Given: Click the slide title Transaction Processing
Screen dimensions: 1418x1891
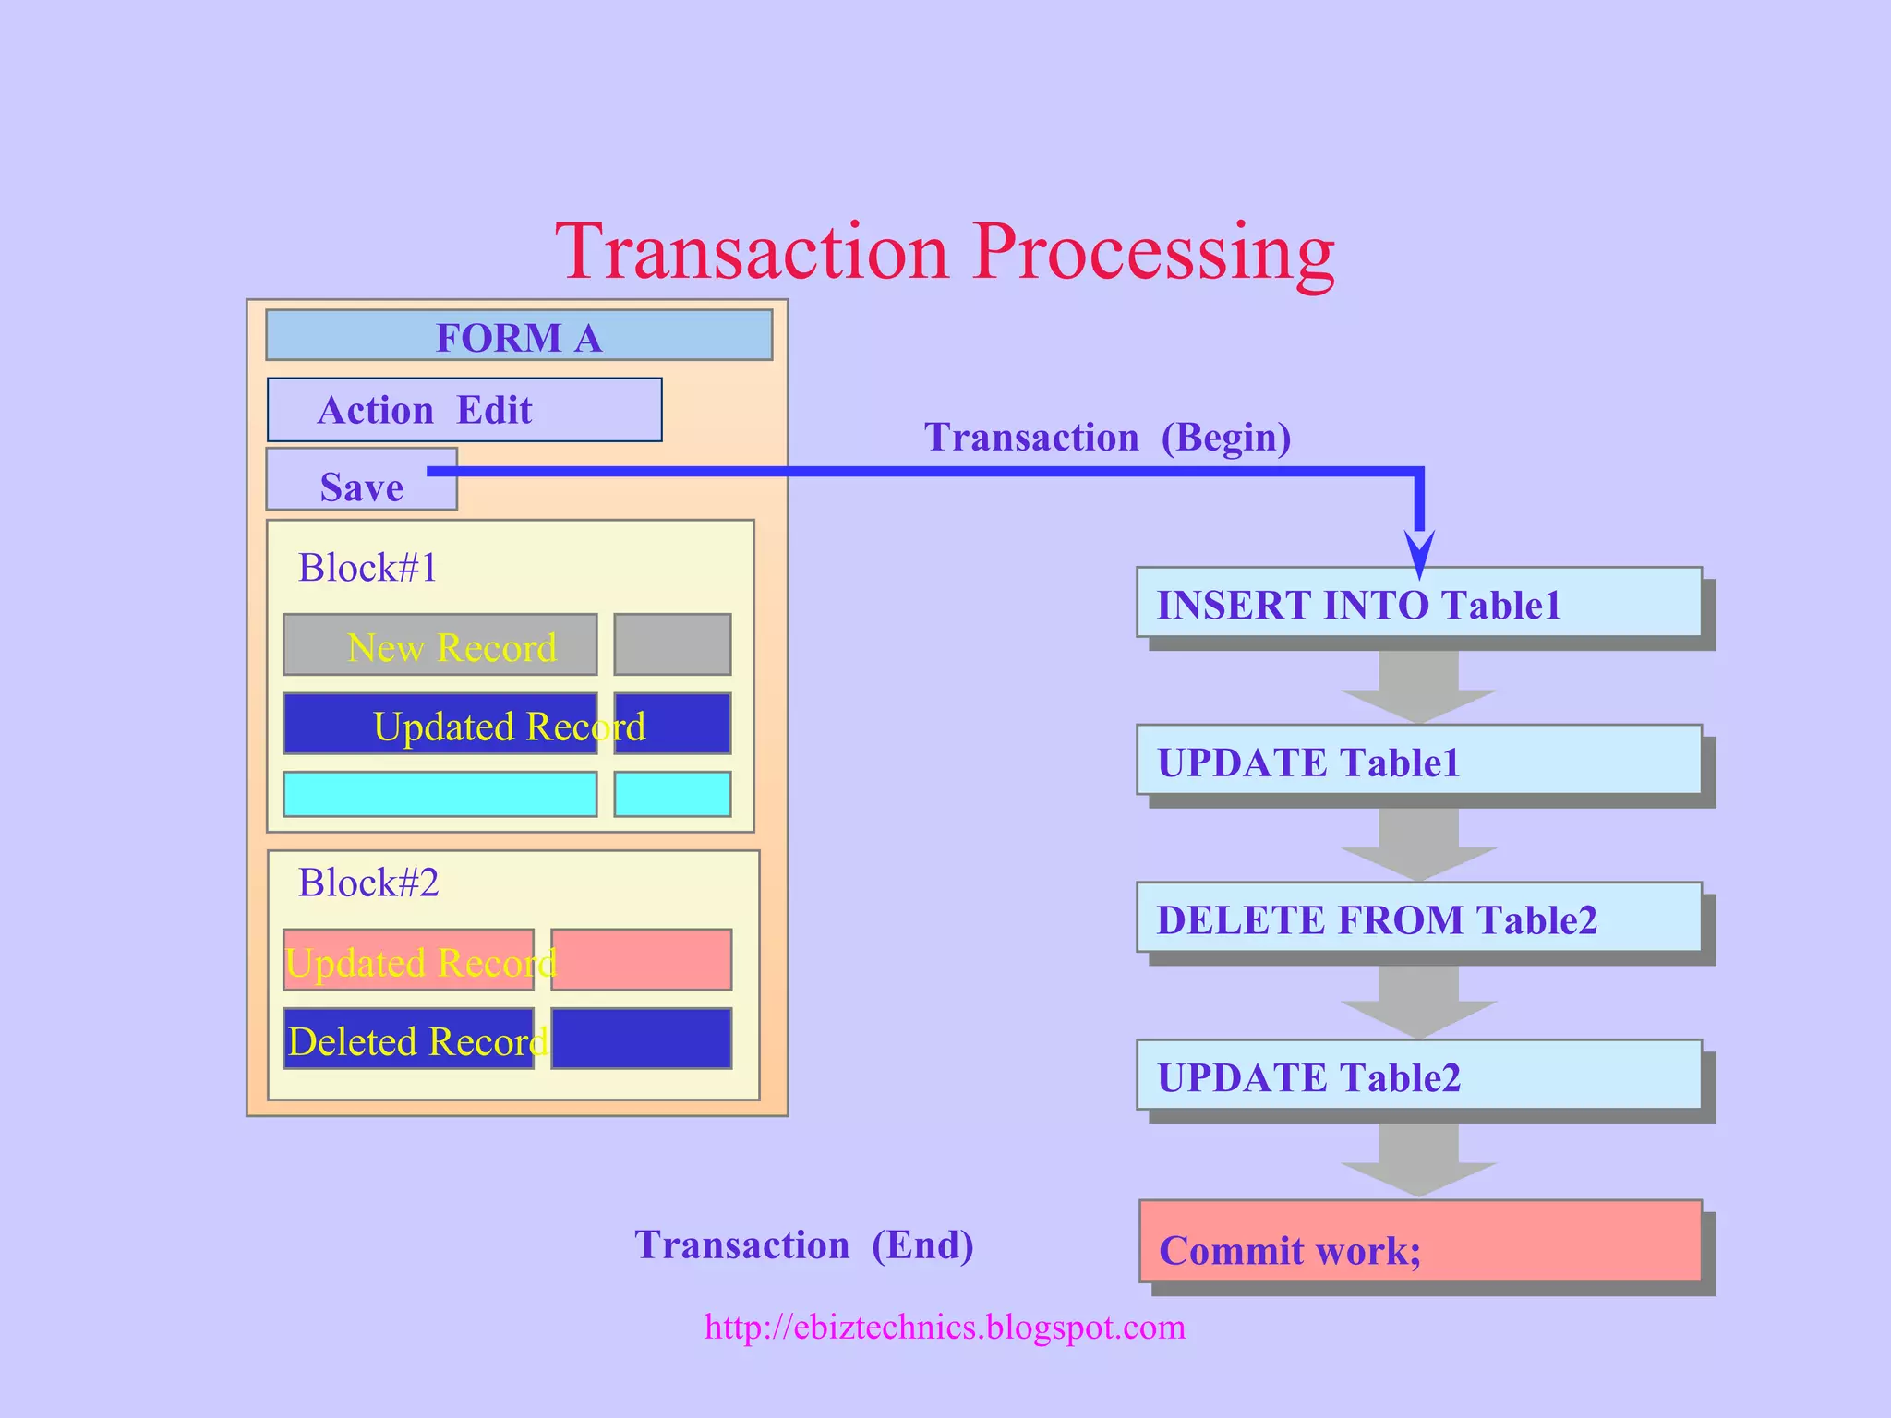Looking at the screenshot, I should (x=945, y=251).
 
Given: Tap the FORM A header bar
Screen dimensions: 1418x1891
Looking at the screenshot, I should (x=519, y=336).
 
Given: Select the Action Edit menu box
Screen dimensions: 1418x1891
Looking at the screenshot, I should (x=464, y=410).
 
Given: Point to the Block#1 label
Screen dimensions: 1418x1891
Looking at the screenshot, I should (x=367, y=568).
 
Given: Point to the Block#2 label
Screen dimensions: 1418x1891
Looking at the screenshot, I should (x=367, y=883).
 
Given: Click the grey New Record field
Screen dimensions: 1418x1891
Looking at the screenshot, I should (x=440, y=645).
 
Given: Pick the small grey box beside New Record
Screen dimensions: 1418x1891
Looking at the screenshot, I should (x=672, y=644).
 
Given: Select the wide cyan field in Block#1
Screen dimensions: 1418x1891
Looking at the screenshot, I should (x=440, y=794).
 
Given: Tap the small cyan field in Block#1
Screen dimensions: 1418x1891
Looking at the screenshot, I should (x=672, y=794).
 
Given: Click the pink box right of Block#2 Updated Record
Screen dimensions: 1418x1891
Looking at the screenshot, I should (x=643, y=960).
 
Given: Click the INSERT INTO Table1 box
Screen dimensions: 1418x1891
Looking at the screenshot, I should (x=1418, y=603).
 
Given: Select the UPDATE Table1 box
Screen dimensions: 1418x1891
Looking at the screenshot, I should (x=1418, y=761).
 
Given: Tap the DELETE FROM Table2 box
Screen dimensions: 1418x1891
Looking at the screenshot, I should (x=1418, y=918).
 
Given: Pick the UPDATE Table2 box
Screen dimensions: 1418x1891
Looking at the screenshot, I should (x=1418, y=1076).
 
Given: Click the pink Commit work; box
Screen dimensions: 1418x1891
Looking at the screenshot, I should (x=1420, y=1242).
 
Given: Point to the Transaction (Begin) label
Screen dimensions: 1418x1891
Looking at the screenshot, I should (x=1107, y=438).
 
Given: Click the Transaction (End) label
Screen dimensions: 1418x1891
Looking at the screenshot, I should (x=803, y=1244).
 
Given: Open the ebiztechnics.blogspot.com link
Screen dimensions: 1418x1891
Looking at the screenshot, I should (x=945, y=1327).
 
